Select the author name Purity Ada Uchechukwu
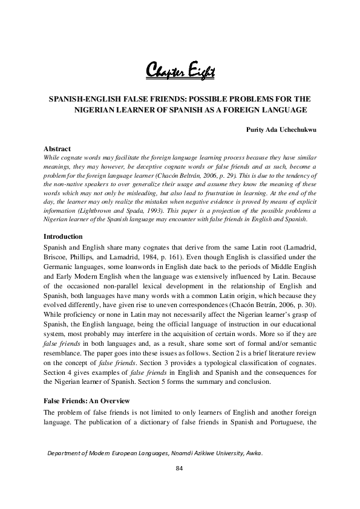(x=283, y=129)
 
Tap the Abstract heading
(x=57, y=149)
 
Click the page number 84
(x=179, y=468)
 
